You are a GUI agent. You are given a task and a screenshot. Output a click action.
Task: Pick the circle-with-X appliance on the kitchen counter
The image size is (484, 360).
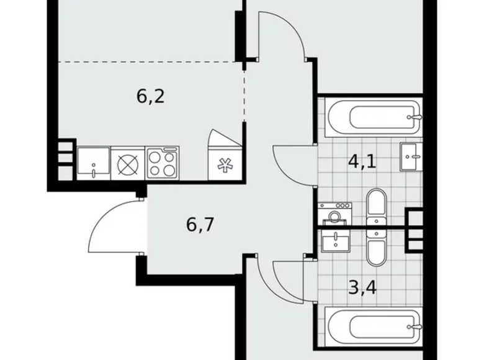[127, 163]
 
